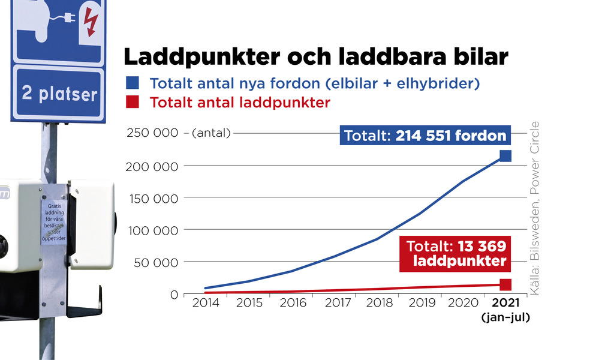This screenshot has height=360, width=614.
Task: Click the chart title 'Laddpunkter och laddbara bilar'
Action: (x=316, y=57)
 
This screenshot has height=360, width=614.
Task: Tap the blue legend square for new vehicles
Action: (x=132, y=83)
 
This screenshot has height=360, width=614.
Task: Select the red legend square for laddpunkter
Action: (x=132, y=102)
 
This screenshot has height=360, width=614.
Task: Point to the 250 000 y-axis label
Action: (x=152, y=133)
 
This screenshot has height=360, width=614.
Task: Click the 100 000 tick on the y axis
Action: (x=152, y=230)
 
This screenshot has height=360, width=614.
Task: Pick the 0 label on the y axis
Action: (x=173, y=295)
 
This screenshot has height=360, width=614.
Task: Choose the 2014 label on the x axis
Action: (x=206, y=303)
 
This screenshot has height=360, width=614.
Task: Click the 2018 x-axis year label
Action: (x=380, y=303)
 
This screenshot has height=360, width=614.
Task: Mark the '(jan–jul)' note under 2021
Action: (x=505, y=318)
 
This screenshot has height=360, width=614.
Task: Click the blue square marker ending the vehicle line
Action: (x=505, y=156)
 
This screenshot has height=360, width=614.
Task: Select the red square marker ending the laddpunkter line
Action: (x=505, y=284)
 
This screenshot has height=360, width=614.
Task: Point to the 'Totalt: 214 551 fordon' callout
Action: (x=425, y=136)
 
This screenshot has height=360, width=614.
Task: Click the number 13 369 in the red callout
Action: (x=482, y=247)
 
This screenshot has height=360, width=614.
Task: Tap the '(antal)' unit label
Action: (x=211, y=133)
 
